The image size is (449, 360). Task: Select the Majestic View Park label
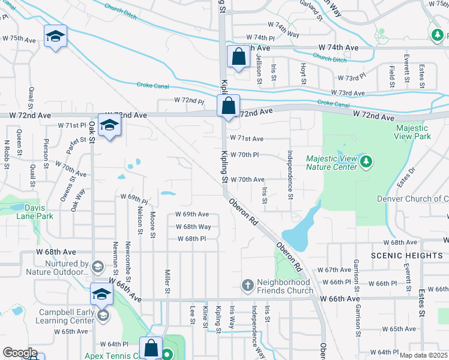412,132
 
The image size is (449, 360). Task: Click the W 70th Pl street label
244,154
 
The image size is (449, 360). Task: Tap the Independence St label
290,175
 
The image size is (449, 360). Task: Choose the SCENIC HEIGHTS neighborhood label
406,255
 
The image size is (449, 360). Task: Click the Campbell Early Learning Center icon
103,316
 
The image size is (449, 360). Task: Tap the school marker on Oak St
109,125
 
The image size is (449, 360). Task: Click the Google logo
20,353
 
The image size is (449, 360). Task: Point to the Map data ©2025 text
423,355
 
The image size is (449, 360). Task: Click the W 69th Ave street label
192,214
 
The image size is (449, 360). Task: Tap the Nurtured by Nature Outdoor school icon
98,266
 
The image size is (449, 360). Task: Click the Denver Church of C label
412,199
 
